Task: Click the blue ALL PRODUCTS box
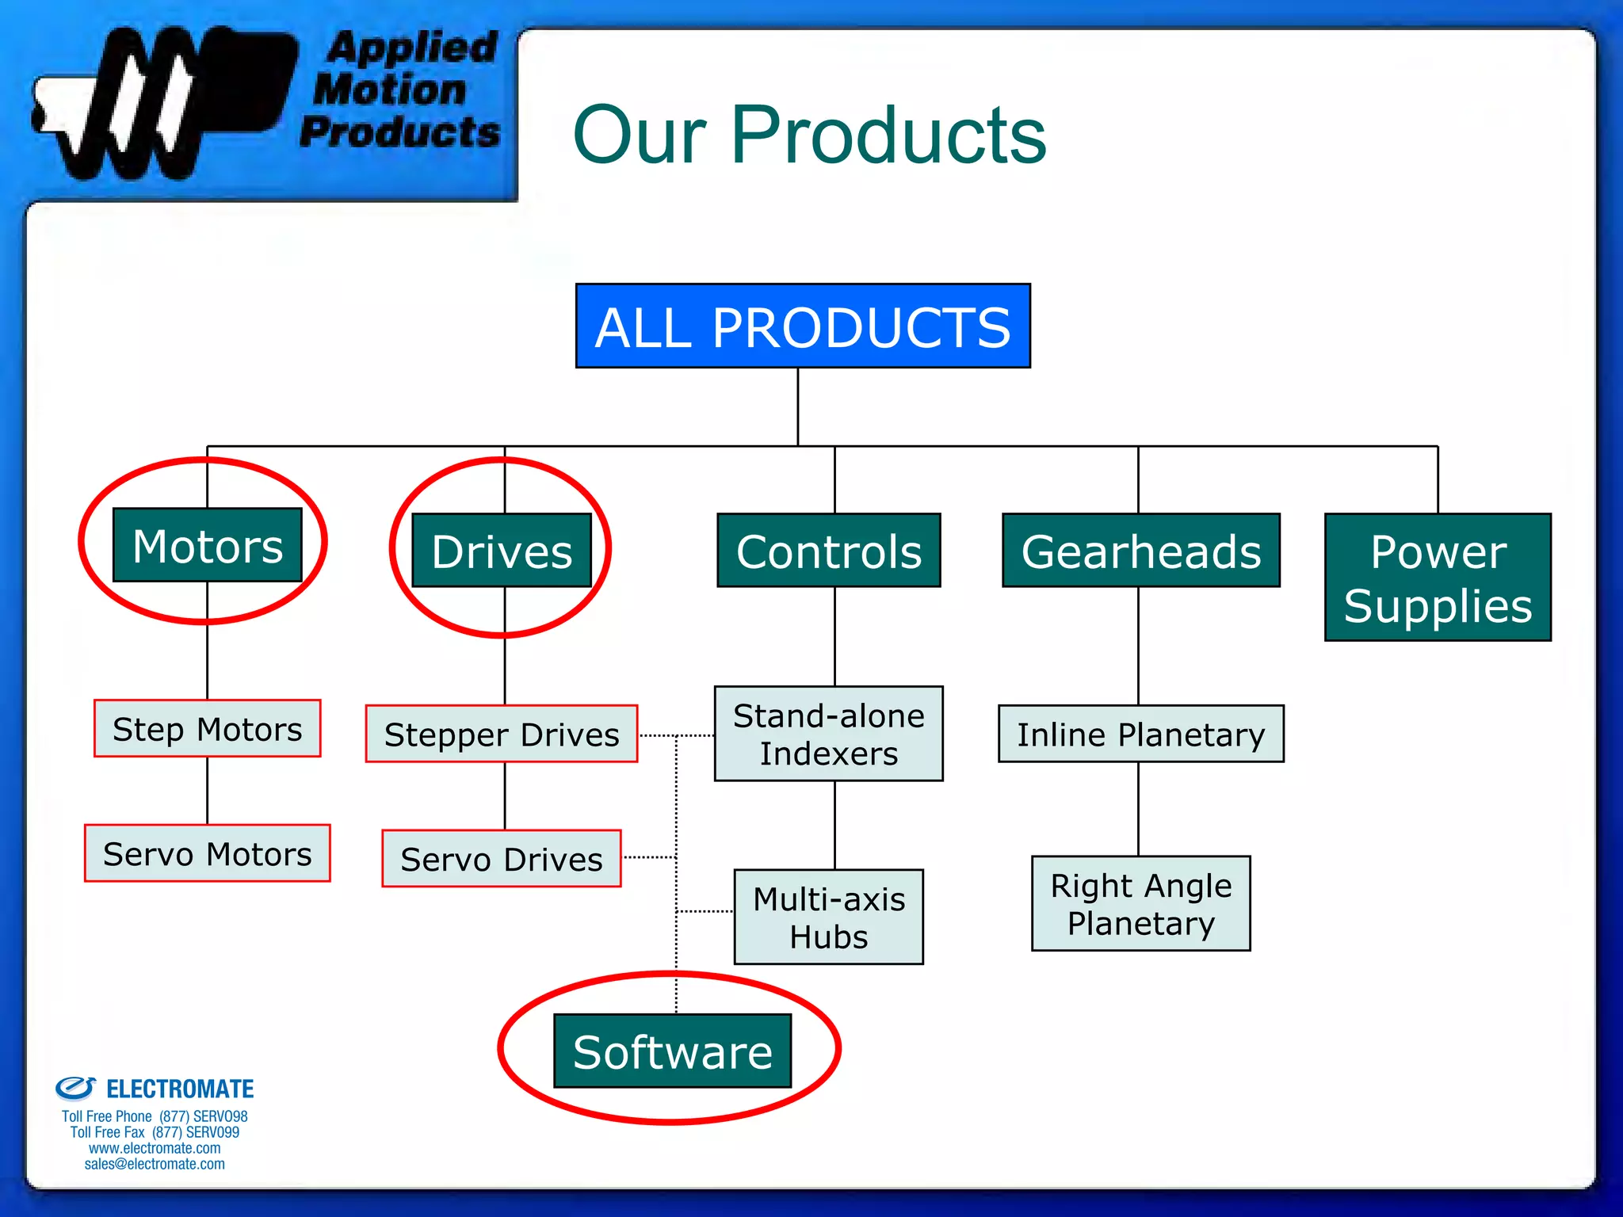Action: pos(802,326)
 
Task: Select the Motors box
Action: pos(208,546)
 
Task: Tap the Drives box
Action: pos(502,551)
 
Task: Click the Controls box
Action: pos(829,551)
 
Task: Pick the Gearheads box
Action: pos(1140,551)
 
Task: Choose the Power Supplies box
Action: pos(1438,578)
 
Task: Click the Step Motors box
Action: pos(208,729)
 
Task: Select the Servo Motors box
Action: pos(208,853)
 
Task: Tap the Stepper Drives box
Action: pos(502,734)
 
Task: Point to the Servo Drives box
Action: pos(502,859)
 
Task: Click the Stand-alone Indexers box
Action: pos(829,734)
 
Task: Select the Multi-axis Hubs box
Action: pos(829,918)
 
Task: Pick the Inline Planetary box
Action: pos(1140,734)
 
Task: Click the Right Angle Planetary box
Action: pos(1140,904)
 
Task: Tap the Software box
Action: pos(672,1051)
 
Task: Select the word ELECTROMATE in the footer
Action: pos(180,1089)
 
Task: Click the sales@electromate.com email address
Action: pos(155,1164)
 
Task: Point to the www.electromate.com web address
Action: pos(155,1148)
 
